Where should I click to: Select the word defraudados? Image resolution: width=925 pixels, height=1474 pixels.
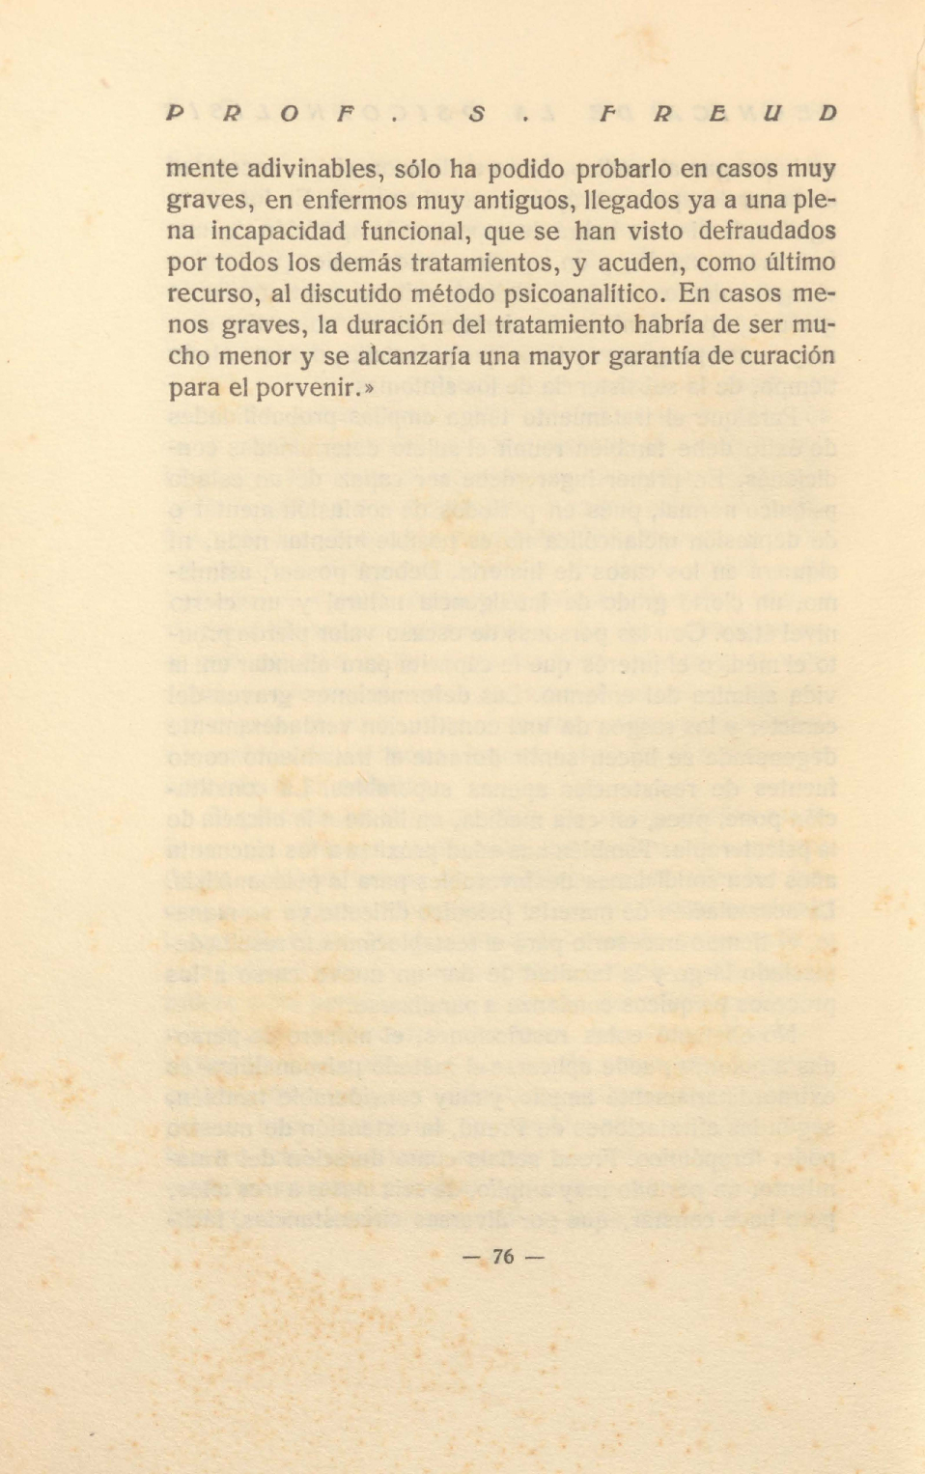pyautogui.click(x=767, y=232)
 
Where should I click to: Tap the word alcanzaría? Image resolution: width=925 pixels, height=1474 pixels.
pyautogui.click(x=413, y=356)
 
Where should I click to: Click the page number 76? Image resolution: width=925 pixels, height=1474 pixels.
pyautogui.click(x=503, y=1256)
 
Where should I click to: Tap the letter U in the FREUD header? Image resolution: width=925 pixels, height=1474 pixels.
pyautogui.click(x=771, y=113)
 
